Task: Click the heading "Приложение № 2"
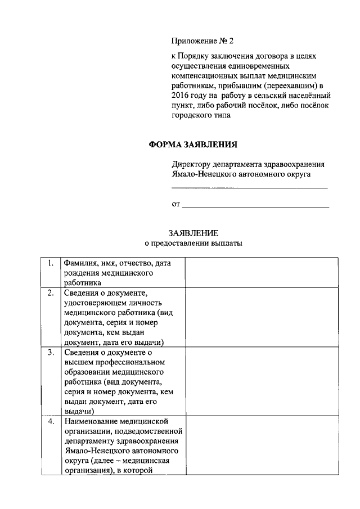(201, 41)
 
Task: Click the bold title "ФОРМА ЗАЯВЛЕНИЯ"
(193, 144)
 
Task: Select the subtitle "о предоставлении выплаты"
(193, 244)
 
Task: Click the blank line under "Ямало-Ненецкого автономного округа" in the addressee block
(249, 187)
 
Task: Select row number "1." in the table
(51, 263)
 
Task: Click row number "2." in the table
(51, 292)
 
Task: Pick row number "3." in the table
(51, 352)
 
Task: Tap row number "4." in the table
(51, 421)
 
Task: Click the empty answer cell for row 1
(262, 272)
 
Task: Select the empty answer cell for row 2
(262, 317)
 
